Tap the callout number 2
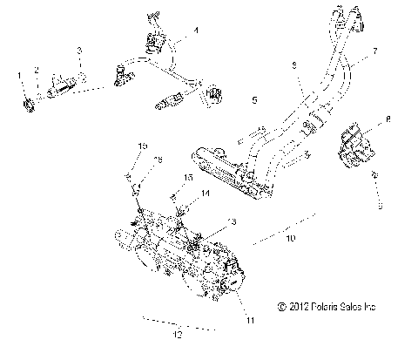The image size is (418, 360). (37, 69)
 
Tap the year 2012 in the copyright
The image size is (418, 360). (295, 306)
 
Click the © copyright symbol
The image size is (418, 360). (279, 306)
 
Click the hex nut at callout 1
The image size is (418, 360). (26, 107)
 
